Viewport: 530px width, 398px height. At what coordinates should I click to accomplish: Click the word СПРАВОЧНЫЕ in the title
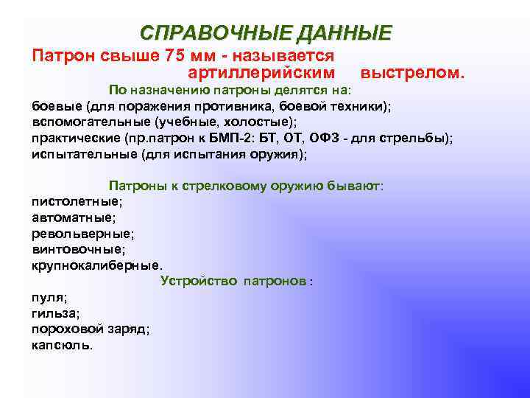point(212,34)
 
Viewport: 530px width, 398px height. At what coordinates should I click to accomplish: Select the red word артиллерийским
point(261,73)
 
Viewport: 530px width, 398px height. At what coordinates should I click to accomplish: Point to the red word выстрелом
point(413,73)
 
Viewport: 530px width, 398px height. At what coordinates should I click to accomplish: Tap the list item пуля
point(49,297)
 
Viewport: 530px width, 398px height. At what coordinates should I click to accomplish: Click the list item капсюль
point(62,344)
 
